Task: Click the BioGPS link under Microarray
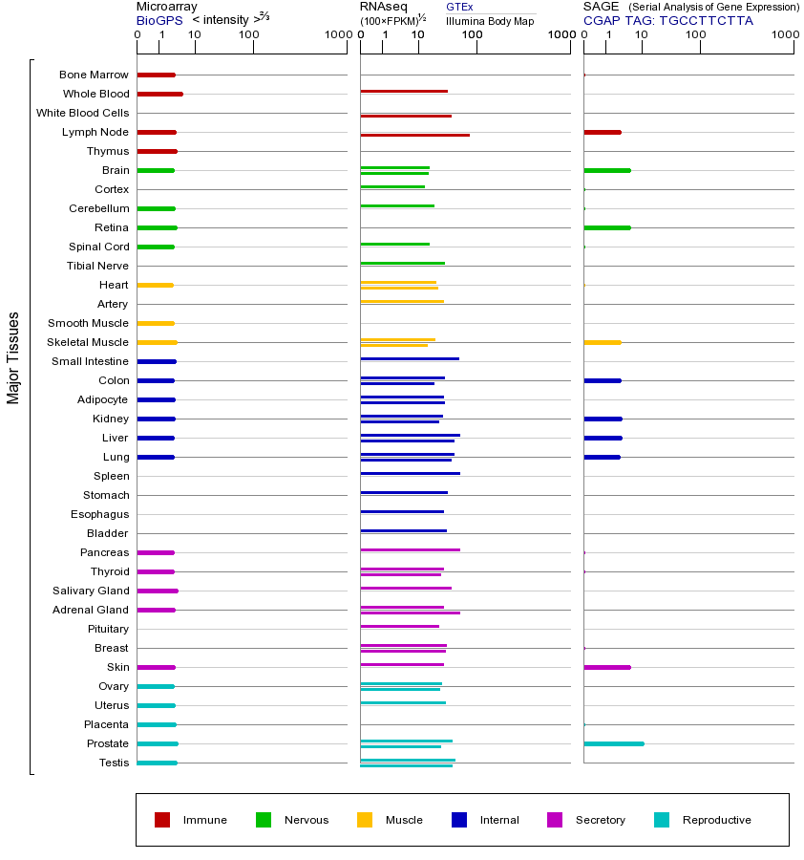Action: [159, 20]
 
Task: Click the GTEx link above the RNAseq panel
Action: [459, 7]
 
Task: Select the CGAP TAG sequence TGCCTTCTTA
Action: [706, 20]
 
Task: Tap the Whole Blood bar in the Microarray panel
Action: [159, 94]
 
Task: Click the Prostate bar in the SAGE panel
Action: [613, 743]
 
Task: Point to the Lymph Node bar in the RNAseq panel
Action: [414, 135]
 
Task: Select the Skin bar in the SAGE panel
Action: [606, 667]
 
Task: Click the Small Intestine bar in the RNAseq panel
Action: [410, 358]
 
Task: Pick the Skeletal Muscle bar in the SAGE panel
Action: [602, 342]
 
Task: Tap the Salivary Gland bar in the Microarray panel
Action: [158, 591]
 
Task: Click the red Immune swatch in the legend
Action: [162, 820]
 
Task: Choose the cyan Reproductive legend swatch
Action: [662, 820]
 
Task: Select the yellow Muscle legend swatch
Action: [365, 820]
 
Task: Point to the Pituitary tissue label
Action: [108, 629]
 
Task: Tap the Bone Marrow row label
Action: [94, 75]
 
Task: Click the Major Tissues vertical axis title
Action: [13, 357]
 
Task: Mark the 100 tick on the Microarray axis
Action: [249, 35]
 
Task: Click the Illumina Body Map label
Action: [490, 21]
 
